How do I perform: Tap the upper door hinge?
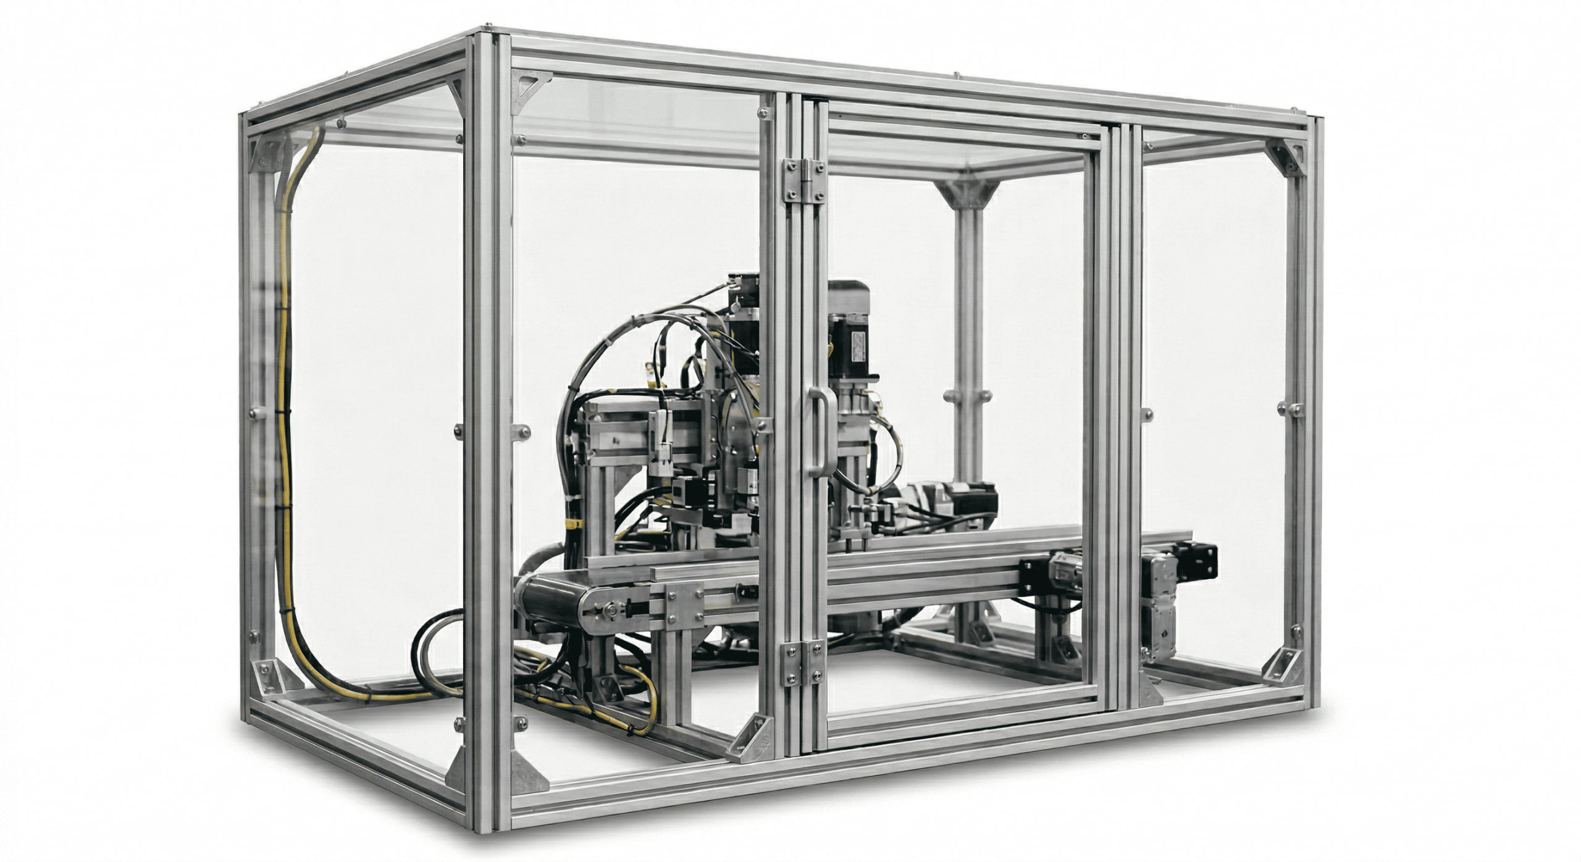click(802, 181)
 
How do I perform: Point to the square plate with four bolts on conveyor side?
click(684, 609)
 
